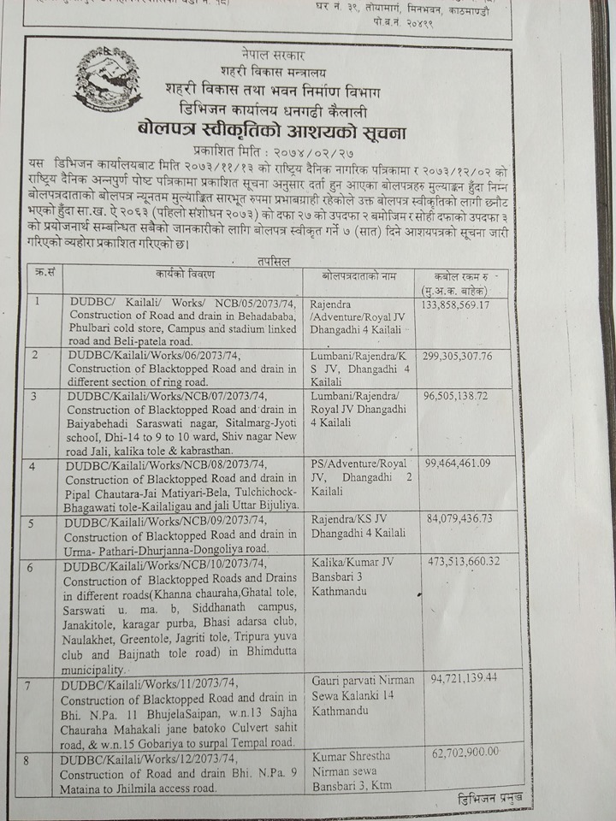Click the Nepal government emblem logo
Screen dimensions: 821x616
pos(107,78)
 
